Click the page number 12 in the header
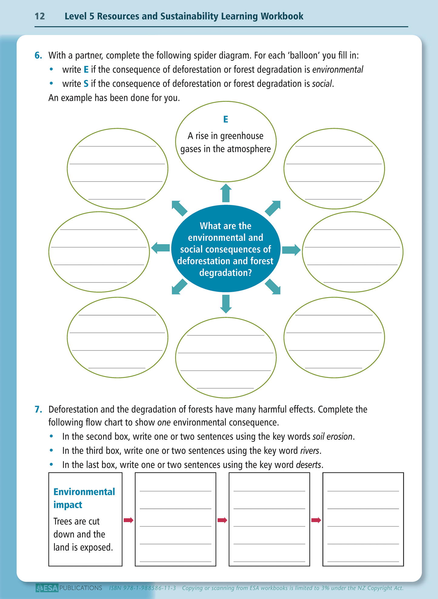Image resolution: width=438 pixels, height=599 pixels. [x=40, y=16]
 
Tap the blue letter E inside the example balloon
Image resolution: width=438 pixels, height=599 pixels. [x=226, y=119]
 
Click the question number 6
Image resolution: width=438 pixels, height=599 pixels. [x=38, y=55]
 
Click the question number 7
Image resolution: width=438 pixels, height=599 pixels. [x=38, y=409]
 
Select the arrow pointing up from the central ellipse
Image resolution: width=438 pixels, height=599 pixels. [x=226, y=193]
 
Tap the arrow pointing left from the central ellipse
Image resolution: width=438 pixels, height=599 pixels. [x=160, y=248]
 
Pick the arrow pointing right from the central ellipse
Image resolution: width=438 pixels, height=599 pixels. [x=291, y=250]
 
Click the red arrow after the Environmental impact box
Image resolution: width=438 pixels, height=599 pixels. [x=129, y=520]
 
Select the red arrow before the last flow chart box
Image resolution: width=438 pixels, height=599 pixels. [x=316, y=520]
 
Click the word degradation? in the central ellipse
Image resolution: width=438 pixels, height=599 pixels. [x=226, y=273]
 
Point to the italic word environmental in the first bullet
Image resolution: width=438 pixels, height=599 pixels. [x=338, y=70]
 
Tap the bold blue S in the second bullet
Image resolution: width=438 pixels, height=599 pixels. [x=86, y=84]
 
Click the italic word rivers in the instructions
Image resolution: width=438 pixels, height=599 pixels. [x=309, y=451]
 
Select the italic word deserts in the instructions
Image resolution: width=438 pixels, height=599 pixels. [x=308, y=465]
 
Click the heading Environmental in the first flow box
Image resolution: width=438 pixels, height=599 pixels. [x=84, y=491]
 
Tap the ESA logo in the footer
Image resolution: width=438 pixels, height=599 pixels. [x=47, y=588]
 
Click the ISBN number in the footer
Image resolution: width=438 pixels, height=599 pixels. [x=142, y=588]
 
